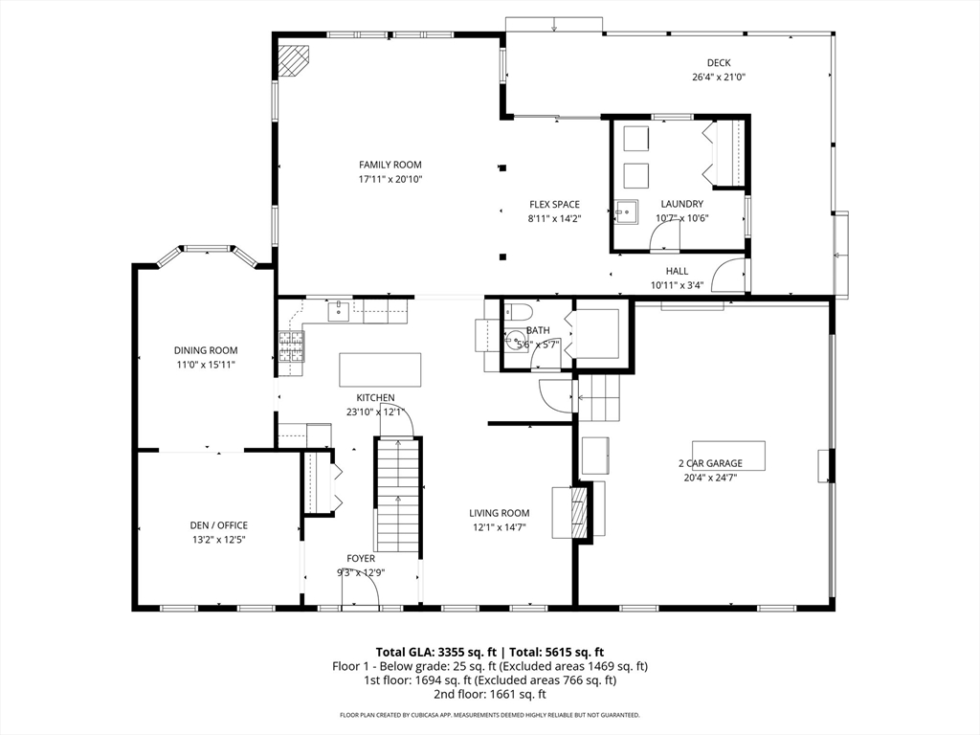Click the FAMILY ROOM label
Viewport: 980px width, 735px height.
[x=390, y=165]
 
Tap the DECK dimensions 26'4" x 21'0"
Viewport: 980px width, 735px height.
[x=719, y=78]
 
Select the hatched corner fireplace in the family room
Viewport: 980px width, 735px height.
[x=293, y=60]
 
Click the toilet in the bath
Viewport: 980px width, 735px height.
[x=518, y=311]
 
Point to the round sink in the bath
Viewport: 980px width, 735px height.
[x=517, y=342]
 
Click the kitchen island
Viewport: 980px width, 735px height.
[x=380, y=370]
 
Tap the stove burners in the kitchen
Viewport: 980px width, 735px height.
[x=291, y=346]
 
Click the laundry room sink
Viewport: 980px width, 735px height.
[x=626, y=212]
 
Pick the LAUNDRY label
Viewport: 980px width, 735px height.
[x=681, y=204]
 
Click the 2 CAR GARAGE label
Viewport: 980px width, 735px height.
[x=711, y=463]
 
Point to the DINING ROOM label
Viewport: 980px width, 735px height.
[x=206, y=350]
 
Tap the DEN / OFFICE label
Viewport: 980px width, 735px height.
[x=219, y=525]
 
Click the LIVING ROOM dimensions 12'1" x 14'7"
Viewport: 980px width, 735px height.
[x=500, y=527]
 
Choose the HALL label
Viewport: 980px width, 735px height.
[x=677, y=271]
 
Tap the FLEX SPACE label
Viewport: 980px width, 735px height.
[x=554, y=205]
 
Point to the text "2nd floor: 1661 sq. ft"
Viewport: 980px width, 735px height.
[x=490, y=695]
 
